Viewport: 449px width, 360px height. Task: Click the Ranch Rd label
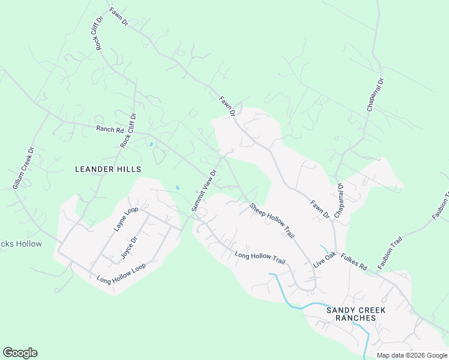coord(110,129)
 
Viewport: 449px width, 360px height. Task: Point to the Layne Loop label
coord(127,220)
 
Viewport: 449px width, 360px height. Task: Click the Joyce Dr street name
coord(129,247)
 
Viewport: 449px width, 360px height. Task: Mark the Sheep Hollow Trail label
coord(272,221)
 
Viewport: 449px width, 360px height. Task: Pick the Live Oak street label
coord(324,263)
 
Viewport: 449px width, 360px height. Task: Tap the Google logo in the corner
coord(20,353)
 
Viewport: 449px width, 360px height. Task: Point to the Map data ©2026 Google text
coord(412,355)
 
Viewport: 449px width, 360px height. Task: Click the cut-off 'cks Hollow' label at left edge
coord(21,244)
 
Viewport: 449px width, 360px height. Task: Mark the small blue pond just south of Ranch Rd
coord(151,144)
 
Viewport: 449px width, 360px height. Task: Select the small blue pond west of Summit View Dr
coord(177,188)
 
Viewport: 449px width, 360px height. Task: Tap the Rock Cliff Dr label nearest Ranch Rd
coord(128,131)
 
